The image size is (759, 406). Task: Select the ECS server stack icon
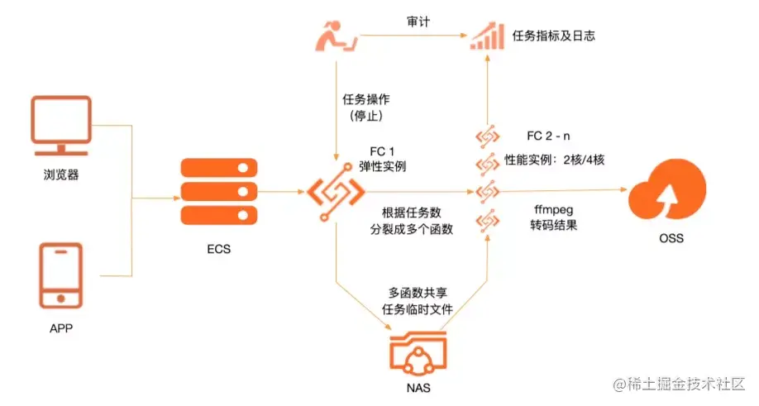pyautogui.click(x=214, y=193)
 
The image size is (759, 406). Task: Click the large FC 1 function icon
pyautogui.click(x=337, y=193)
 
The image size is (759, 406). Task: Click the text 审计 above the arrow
pyautogui.click(x=418, y=22)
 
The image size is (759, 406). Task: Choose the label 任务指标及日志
pyautogui.click(x=555, y=36)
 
